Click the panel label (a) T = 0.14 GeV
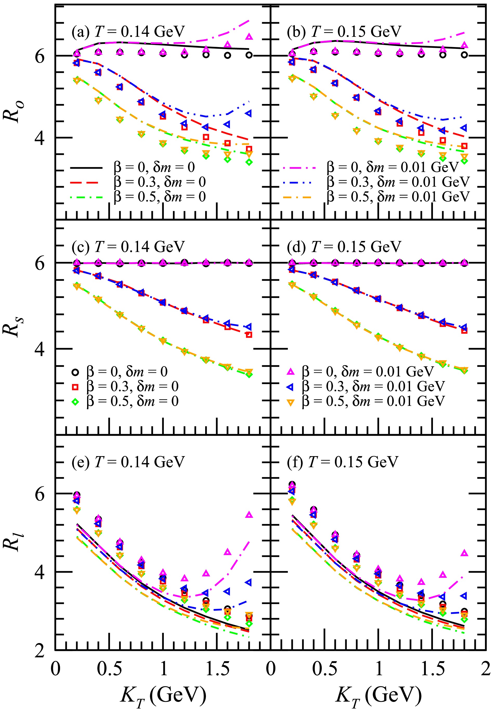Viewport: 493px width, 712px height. [x=128, y=31]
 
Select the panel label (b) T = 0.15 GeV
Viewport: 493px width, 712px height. [x=344, y=31]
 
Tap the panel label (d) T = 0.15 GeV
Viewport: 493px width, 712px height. [x=344, y=247]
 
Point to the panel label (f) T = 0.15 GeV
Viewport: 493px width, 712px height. [x=342, y=462]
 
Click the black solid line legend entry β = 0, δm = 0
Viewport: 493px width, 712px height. [x=87, y=167]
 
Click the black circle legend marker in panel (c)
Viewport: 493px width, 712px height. [x=75, y=372]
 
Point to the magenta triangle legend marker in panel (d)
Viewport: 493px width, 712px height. [x=291, y=372]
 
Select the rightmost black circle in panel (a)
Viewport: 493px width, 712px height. [x=249, y=55]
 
